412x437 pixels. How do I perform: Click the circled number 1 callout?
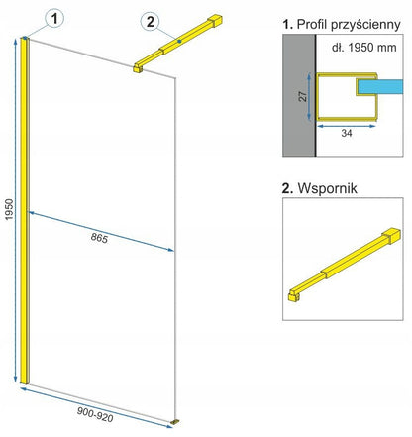coord(54,19)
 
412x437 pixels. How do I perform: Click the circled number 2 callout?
coord(151,22)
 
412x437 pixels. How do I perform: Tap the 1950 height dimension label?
coord(9,209)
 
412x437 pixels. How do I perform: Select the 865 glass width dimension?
coord(99,238)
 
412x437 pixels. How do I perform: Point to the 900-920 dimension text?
coord(95,414)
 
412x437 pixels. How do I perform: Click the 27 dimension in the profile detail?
coord(302,96)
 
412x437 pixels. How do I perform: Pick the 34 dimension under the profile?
coord(347,133)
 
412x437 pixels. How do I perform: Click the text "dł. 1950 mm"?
coord(363,48)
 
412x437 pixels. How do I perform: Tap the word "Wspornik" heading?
coord(327,188)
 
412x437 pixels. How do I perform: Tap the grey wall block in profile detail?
coord(299,95)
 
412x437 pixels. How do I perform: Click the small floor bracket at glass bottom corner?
coord(176,422)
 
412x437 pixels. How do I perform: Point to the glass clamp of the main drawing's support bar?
coord(138,68)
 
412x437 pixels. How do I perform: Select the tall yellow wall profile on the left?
coord(25,211)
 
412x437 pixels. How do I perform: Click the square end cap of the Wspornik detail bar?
coord(393,235)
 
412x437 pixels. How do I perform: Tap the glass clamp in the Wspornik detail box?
coord(293,296)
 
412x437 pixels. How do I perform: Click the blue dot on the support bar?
coord(179,41)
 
